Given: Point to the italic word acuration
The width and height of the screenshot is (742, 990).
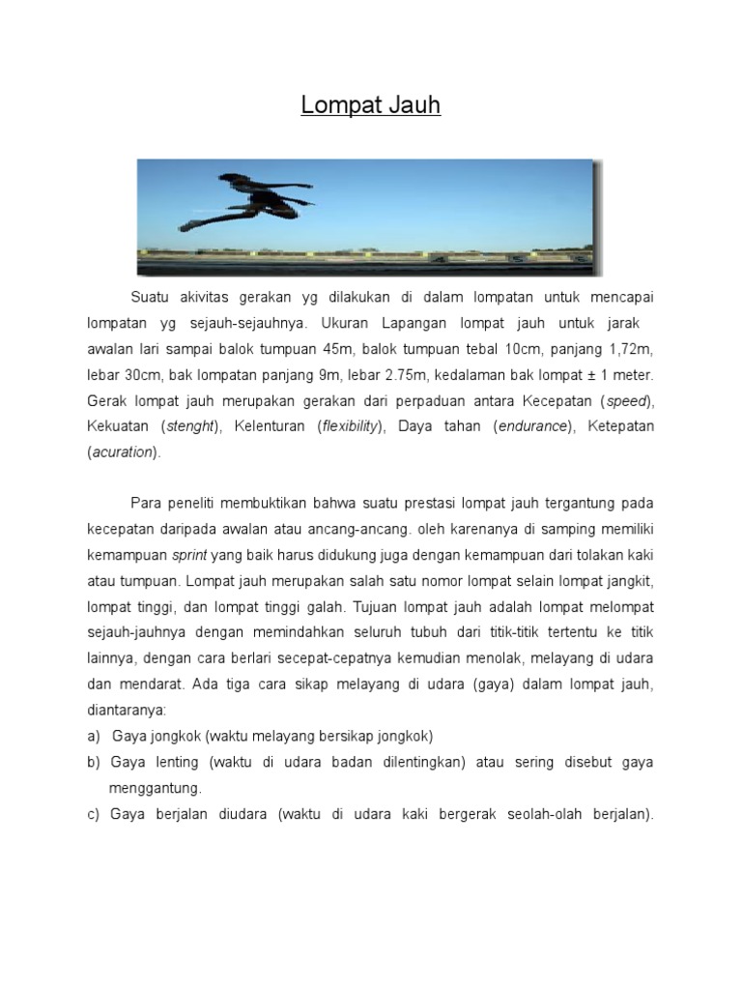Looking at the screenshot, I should click(122, 451).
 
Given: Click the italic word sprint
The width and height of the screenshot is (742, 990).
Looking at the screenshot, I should click(189, 556).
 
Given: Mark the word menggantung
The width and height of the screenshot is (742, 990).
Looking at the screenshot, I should click(157, 788).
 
